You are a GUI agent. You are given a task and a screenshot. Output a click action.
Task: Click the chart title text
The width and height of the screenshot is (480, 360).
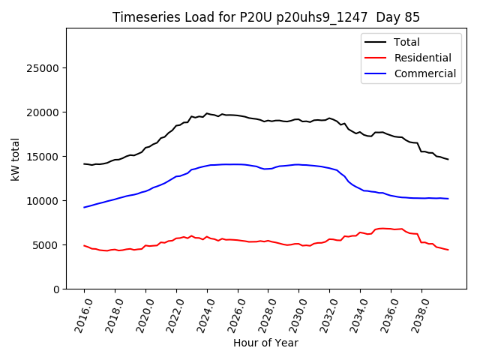point(266,17)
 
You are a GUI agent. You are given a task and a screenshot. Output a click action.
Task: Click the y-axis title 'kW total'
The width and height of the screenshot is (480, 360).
point(15,159)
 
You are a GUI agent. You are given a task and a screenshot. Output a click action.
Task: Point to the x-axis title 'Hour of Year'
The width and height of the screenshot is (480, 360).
point(265,343)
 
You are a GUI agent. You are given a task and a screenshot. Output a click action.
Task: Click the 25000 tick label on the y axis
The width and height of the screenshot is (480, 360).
point(43,68)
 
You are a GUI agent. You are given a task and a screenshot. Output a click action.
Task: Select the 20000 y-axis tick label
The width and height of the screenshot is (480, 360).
point(43,112)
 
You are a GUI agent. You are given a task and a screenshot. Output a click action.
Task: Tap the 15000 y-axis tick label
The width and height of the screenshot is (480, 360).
point(43,157)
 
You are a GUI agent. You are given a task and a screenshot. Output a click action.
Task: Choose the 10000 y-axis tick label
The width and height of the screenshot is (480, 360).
point(43,201)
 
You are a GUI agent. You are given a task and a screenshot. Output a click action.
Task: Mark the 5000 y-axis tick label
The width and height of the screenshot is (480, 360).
point(46,245)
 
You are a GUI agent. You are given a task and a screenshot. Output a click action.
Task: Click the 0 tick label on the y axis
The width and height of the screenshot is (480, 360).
point(56,289)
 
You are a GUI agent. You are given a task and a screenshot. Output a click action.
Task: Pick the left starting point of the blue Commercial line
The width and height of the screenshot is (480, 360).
point(84,207)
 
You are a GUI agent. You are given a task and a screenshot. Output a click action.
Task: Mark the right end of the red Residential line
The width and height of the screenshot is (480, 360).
point(448,250)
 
